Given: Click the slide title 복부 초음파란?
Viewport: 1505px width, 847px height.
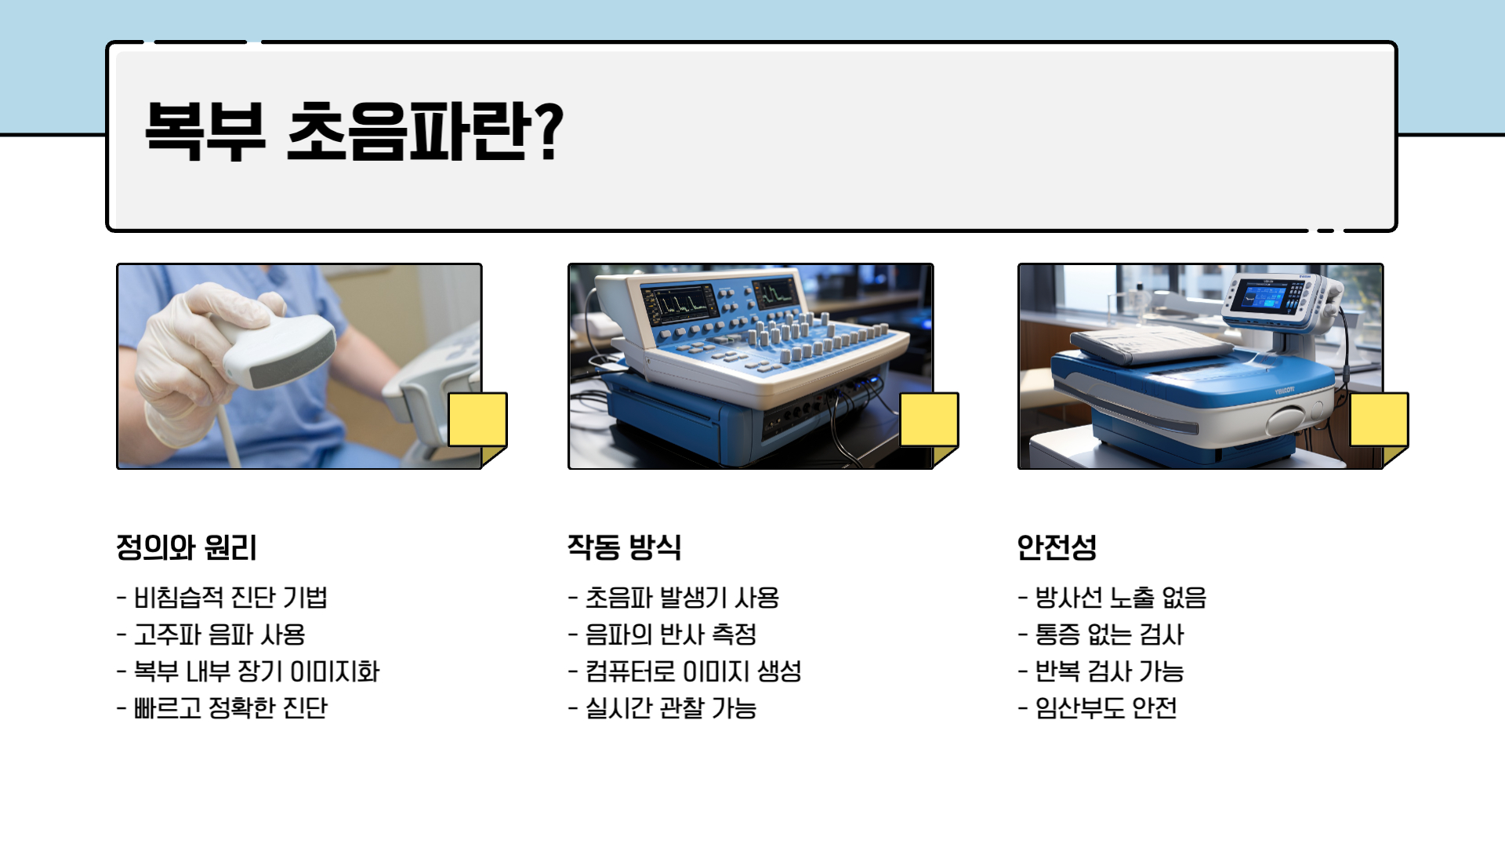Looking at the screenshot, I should [x=353, y=131].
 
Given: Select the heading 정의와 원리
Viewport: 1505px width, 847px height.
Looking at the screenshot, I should [x=187, y=547].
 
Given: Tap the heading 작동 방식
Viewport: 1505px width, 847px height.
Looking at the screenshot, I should [x=624, y=547].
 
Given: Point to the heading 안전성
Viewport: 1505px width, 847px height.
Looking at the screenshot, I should [x=1056, y=547].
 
